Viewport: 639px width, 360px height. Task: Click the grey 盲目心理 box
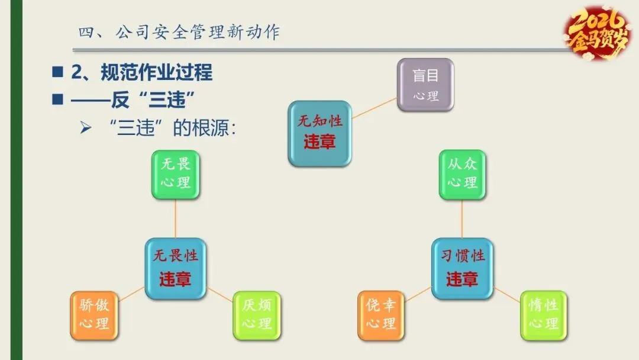tap(425, 85)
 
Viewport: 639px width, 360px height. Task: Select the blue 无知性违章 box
tap(319, 133)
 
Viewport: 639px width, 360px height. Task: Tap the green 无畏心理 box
tap(176, 174)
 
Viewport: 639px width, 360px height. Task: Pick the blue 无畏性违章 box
tap(175, 268)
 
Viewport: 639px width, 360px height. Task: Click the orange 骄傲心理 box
tap(94, 316)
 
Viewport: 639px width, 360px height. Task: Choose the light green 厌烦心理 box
tap(256, 316)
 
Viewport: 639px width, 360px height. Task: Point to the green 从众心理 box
tap(462, 174)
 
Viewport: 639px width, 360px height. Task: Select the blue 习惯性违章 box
tap(462, 268)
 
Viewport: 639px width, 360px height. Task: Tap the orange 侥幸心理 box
tap(381, 316)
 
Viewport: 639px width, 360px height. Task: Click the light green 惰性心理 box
tap(543, 316)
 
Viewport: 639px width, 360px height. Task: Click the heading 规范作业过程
tap(142, 73)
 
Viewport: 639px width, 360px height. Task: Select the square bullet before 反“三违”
tap(57, 99)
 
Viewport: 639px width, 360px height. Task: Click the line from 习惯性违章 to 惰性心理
tap(506, 294)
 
